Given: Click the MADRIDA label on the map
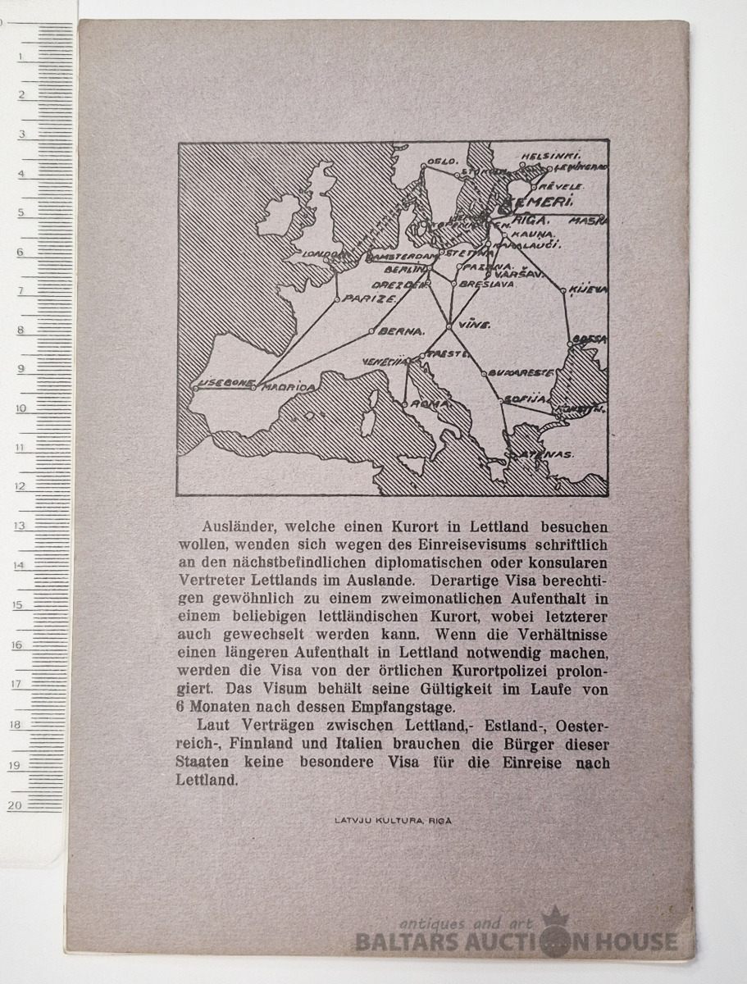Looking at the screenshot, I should (287, 387).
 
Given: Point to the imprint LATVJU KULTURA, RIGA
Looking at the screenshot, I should (393, 819).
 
